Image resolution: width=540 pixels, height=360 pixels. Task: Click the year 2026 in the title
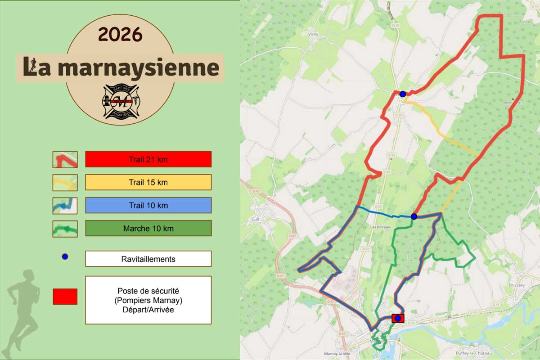pos(120,34)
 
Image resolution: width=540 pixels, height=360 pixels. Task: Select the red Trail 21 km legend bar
pos(148,159)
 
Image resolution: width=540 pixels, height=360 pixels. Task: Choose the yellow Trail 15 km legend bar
pos(148,182)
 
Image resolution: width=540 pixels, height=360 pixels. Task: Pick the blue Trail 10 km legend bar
pos(148,205)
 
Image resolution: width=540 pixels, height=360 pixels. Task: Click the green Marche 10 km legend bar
pos(148,228)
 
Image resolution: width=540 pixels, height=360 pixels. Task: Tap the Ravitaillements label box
pos(148,259)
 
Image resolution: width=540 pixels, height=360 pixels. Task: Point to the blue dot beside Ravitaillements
pos(65,257)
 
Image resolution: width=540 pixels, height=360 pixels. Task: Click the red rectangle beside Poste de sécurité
pos(65,297)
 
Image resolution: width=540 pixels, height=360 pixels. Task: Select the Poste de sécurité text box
pos(148,300)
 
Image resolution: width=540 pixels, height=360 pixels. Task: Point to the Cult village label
pos(257,219)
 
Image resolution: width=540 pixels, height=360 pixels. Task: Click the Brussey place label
pos(516,285)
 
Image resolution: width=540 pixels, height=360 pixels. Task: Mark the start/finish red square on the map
pos(398,319)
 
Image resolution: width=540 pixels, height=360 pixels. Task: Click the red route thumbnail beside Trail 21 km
pos(65,159)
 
